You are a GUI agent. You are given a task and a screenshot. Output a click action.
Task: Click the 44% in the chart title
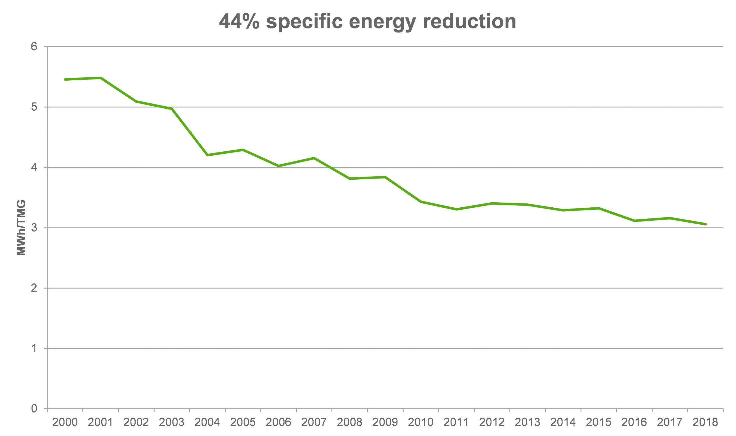[x=239, y=22]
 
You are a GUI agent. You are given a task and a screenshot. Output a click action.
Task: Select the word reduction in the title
[x=469, y=22]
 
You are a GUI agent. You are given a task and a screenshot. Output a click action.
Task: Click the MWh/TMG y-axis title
[x=21, y=228]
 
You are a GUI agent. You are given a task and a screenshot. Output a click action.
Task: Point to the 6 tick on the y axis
[x=34, y=47]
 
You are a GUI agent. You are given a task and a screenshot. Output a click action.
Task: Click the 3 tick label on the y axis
[x=34, y=228]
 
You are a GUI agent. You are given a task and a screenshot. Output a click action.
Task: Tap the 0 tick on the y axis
[x=34, y=409]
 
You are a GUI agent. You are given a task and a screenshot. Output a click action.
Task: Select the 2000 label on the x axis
[x=65, y=422]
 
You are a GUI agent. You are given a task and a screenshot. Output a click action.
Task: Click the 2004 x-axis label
[x=207, y=422]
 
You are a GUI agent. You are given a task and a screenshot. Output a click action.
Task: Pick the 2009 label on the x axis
[x=385, y=422]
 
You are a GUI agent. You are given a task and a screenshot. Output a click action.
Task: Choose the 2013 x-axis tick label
[x=527, y=422]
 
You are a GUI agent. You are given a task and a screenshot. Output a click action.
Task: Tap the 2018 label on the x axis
[x=705, y=422]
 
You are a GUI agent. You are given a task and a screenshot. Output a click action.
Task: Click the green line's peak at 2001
[x=100, y=78]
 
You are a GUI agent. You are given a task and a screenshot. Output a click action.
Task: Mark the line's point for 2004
[x=207, y=155]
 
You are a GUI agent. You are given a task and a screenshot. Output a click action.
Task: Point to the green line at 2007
[x=314, y=158]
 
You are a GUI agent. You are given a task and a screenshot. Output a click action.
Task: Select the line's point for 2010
[x=421, y=201]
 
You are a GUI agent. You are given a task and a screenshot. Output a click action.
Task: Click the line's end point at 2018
[x=705, y=224]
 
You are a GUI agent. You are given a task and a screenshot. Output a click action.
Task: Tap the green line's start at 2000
[x=65, y=79]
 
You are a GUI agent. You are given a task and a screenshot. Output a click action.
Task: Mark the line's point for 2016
[x=634, y=221]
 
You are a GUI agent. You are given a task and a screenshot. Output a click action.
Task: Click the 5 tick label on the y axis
[x=34, y=107]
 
